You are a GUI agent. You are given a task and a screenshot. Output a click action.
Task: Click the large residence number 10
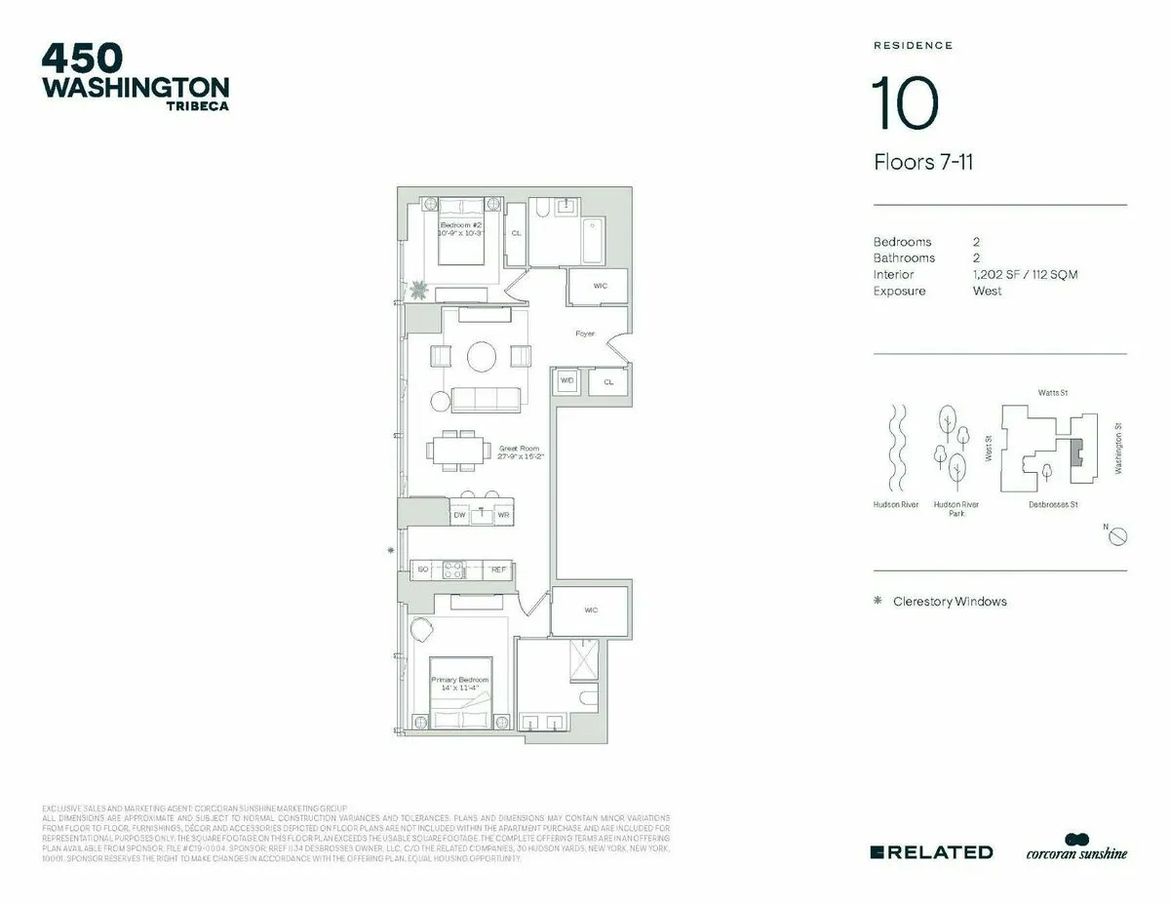pyautogui.click(x=906, y=104)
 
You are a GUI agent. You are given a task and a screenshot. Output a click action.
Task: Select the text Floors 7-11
pyautogui.click(x=922, y=163)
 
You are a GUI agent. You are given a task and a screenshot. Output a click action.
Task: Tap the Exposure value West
pyautogui.click(x=987, y=291)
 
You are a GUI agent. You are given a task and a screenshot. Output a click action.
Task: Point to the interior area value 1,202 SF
pyautogui.click(x=996, y=274)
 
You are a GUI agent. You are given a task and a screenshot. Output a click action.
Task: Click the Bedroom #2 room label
pyautogui.click(x=460, y=229)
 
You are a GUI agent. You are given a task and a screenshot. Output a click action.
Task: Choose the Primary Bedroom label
pyautogui.click(x=460, y=684)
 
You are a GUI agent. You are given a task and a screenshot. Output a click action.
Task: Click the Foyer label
pyautogui.click(x=584, y=334)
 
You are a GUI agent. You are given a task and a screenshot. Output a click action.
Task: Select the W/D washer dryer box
pyautogui.click(x=566, y=381)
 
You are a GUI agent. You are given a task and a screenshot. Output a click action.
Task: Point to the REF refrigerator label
pyautogui.click(x=498, y=569)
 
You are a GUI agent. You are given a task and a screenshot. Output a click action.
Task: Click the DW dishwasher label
pyautogui.click(x=459, y=514)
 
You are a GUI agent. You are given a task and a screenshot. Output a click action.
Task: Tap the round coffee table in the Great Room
pyautogui.click(x=483, y=357)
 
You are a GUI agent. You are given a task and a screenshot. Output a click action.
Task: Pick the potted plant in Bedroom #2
pyautogui.click(x=419, y=290)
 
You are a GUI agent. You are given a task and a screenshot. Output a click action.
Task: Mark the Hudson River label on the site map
pyautogui.click(x=896, y=505)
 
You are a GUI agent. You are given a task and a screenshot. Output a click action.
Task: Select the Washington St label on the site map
pyautogui.click(x=1117, y=449)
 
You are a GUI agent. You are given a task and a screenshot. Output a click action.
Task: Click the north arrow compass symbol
pyautogui.click(x=1119, y=536)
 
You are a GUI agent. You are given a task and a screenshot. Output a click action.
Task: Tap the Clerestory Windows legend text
pyautogui.click(x=949, y=602)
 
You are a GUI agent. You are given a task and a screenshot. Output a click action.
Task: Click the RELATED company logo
pyautogui.click(x=931, y=851)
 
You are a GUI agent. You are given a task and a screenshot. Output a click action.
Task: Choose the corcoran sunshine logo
pyautogui.click(x=1076, y=849)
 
